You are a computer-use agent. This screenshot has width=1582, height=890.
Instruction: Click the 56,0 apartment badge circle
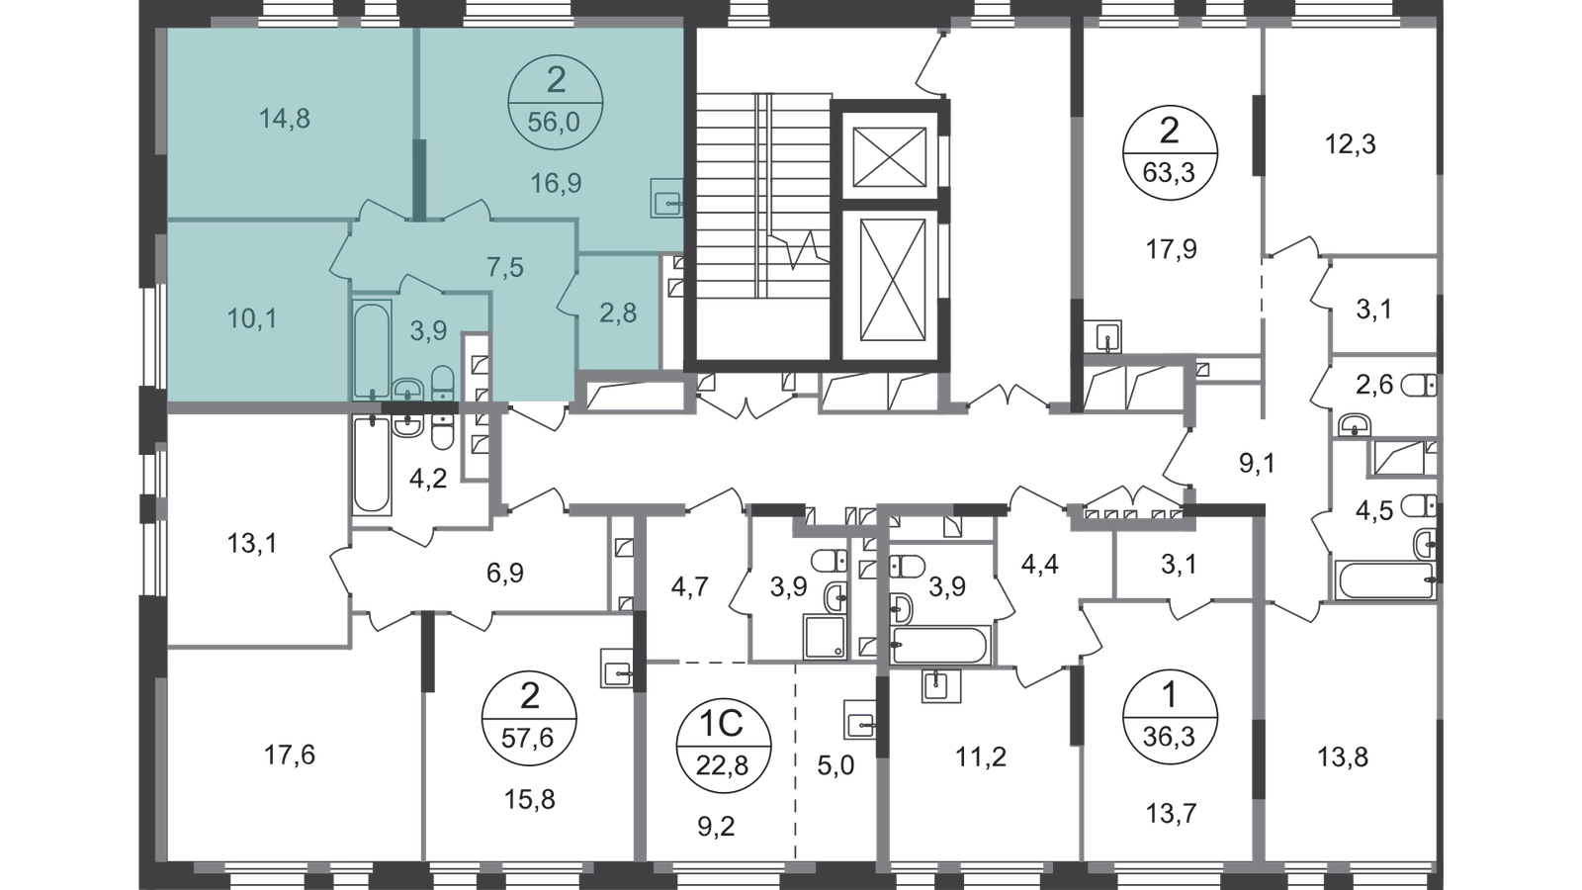(555, 103)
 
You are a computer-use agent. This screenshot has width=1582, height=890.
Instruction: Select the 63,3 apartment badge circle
(1170, 152)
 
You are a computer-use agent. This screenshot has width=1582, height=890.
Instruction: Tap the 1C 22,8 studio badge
(723, 746)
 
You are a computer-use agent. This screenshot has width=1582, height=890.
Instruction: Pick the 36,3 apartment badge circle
(1170, 717)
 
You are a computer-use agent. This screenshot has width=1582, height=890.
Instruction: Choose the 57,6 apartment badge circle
(529, 718)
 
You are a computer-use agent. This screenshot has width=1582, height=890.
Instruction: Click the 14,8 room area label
(284, 120)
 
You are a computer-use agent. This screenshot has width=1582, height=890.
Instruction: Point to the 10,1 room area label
(252, 319)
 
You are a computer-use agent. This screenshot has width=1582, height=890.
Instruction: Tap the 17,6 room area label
(290, 756)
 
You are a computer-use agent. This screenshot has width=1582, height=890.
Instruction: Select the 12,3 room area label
(1351, 144)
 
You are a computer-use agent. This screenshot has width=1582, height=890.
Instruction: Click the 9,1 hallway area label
(1258, 464)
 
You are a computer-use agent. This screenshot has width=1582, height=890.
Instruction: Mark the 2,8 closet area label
(618, 312)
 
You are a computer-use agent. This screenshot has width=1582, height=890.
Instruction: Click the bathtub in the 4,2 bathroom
(372, 464)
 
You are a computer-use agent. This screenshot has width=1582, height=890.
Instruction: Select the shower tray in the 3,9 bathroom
(826, 637)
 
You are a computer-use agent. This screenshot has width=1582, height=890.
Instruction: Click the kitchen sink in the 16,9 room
(666, 199)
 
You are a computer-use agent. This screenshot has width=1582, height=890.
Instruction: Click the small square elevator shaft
(889, 157)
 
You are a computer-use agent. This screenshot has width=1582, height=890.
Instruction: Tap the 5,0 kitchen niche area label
(835, 765)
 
